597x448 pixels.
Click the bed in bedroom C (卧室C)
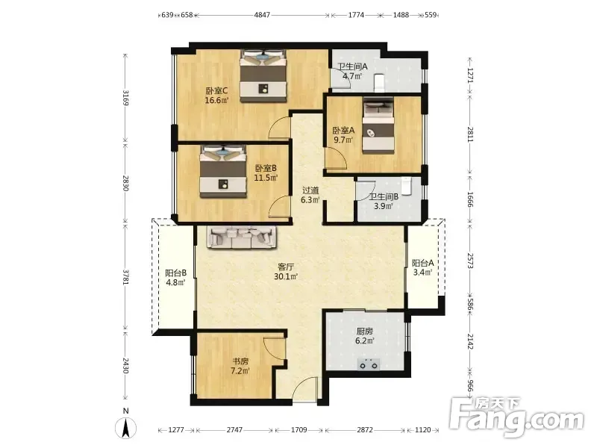click(263, 76)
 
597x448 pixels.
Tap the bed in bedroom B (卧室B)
click(223, 172)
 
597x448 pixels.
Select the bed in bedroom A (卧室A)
click(378, 125)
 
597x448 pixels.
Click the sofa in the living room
click(242, 237)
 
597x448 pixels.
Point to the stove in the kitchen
click(369, 364)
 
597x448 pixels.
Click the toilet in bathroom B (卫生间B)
click(407, 185)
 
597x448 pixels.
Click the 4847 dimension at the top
click(262, 15)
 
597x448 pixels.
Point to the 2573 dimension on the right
click(470, 261)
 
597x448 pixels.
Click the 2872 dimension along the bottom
click(365, 430)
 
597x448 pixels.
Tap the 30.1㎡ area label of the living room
click(286, 276)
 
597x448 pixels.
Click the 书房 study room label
click(241, 361)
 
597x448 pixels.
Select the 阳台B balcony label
click(176, 273)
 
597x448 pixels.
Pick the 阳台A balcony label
click(423, 263)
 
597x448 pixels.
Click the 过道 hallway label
click(310, 190)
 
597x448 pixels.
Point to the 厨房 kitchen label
click(364, 331)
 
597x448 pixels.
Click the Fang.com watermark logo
click(517, 418)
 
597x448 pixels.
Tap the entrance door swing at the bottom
click(304, 385)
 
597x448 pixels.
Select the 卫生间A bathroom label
click(352, 66)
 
